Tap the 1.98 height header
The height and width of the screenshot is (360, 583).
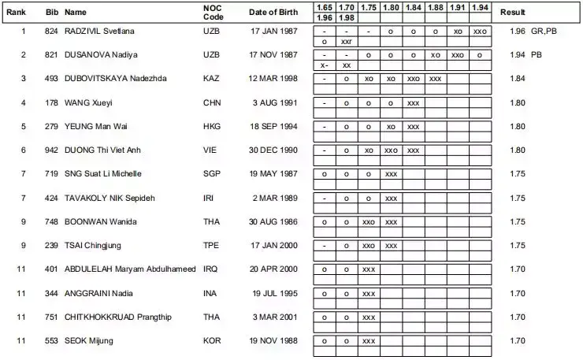coord(345,18)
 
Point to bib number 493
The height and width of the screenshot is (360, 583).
coord(51,79)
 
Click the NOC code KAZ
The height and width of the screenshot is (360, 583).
coord(212,79)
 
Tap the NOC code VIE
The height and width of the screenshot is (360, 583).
coord(210,150)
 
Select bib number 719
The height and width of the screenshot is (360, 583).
coord(51,173)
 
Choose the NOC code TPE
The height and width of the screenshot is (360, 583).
coord(211,245)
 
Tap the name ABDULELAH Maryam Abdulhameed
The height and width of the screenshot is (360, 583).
coord(129,269)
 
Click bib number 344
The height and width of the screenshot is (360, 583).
coord(51,293)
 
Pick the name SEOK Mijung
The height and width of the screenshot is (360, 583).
coord(89,340)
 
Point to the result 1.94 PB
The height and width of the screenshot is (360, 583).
coord(525,54)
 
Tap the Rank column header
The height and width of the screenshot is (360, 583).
coord(17,13)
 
